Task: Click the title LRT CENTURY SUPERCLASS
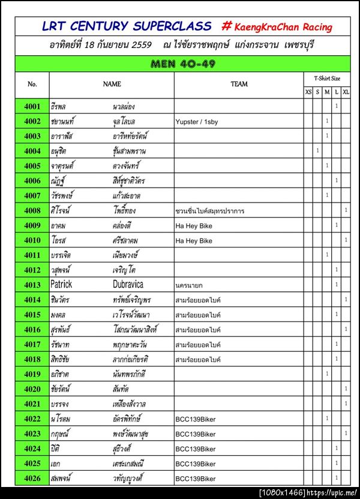click(127, 26)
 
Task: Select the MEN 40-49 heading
click(183, 64)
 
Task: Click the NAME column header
click(112, 85)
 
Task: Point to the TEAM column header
click(239, 85)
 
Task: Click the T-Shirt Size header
click(327, 79)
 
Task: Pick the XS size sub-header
click(308, 92)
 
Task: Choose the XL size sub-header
click(346, 92)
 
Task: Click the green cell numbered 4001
click(32, 106)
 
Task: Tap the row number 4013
click(32, 285)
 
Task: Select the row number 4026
click(32, 479)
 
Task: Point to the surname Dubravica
click(128, 285)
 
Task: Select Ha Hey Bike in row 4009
click(194, 226)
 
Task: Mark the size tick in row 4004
click(317, 151)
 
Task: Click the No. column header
click(32, 85)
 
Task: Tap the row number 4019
click(32, 374)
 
